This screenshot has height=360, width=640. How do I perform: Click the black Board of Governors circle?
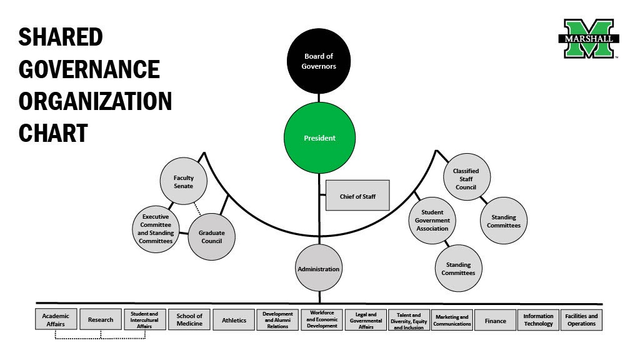tap(319, 61)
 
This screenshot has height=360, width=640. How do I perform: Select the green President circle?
tap(319, 138)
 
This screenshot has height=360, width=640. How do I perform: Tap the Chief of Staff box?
tap(357, 196)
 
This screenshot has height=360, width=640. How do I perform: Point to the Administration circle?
tap(319, 269)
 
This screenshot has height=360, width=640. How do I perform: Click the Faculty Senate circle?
tap(184, 182)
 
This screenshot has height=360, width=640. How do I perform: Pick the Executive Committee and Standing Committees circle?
tap(155, 229)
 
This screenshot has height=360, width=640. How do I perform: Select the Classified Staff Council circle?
tap(466, 177)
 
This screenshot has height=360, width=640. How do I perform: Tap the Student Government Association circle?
tap(432, 220)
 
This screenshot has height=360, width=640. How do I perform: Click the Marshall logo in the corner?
tap(588, 39)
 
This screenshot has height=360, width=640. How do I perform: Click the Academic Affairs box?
tap(56, 320)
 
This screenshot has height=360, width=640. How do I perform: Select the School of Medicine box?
tap(189, 320)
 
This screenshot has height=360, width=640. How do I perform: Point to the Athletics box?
tap(234, 320)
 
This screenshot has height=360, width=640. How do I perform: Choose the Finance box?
tap(495, 320)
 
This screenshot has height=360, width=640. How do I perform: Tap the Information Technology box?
tap(538, 320)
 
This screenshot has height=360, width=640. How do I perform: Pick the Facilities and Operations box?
tap(581, 320)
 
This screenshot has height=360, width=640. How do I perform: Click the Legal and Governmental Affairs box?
tap(366, 320)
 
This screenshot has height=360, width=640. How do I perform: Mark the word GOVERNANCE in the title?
tap(89, 69)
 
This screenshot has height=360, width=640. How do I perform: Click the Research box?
tap(101, 320)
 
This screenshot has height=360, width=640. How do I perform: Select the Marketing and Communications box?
tap(452, 320)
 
